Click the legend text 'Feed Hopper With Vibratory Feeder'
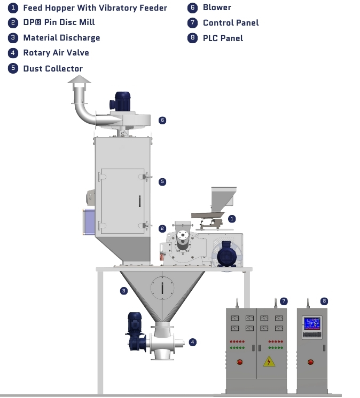95,8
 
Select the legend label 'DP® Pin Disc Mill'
59,22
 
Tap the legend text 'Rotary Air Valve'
56,53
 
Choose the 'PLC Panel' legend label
223,38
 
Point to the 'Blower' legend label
217,7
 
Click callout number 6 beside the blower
162,120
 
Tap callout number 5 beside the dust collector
162,181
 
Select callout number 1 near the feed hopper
232,218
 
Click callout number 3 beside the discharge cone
124,291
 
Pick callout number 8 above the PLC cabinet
324,301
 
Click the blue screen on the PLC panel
311,323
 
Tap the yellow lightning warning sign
268,361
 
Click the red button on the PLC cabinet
311,362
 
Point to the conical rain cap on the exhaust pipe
79,80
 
